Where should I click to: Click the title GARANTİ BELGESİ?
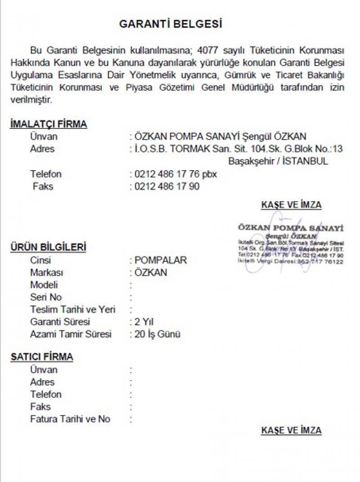[171, 24]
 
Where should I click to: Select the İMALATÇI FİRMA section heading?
[49, 125]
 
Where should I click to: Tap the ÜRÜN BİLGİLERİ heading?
[49, 247]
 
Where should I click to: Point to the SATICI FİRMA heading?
[42, 357]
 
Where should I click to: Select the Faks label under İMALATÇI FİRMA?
[43, 186]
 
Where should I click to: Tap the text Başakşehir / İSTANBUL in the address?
[278, 161]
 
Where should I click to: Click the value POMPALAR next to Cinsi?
[161, 260]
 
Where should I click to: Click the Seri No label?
[46, 297]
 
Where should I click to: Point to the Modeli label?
[44, 285]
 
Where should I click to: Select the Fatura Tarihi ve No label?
[70, 419]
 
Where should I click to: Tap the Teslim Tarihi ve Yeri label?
[73, 309]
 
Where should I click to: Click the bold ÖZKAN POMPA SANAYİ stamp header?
[291, 227]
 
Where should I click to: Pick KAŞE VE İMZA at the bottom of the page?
[291, 431]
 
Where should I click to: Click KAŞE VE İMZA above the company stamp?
[291, 205]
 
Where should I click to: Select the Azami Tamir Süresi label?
[70, 334]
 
